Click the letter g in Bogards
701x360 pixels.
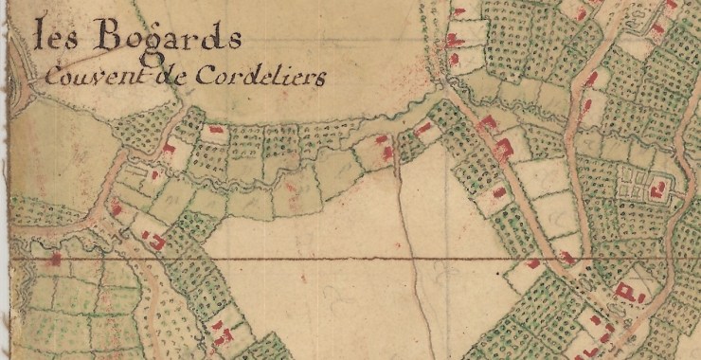pos(164,46)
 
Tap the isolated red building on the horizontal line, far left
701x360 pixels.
pos(55,258)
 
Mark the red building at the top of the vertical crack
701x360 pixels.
pos(386,152)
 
